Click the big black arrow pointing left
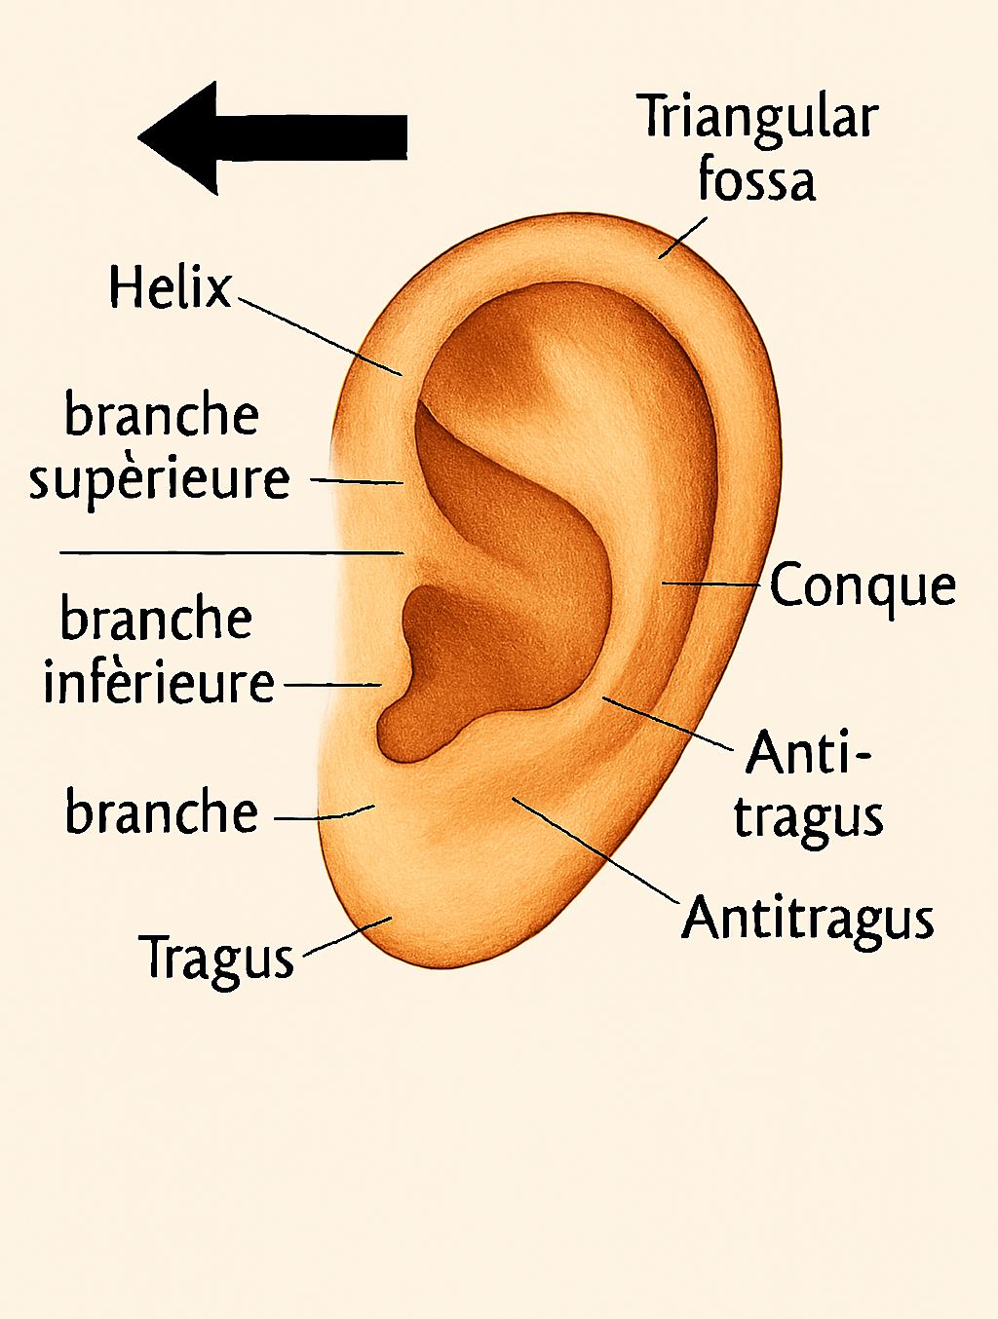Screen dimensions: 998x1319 [272, 137]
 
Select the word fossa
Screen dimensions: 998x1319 [757, 178]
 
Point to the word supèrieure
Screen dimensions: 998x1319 [159, 480]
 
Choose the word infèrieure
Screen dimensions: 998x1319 [159, 682]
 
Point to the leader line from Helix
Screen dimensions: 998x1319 [321, 336]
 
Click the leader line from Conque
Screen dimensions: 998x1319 [710, 584]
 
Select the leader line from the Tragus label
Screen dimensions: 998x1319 [348, 936]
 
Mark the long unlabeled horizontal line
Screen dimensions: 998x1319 [231, 552]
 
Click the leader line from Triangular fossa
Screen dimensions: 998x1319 [682, 238]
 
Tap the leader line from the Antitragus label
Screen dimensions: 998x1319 [595, 850]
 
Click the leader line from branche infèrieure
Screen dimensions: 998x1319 [332, 684]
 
